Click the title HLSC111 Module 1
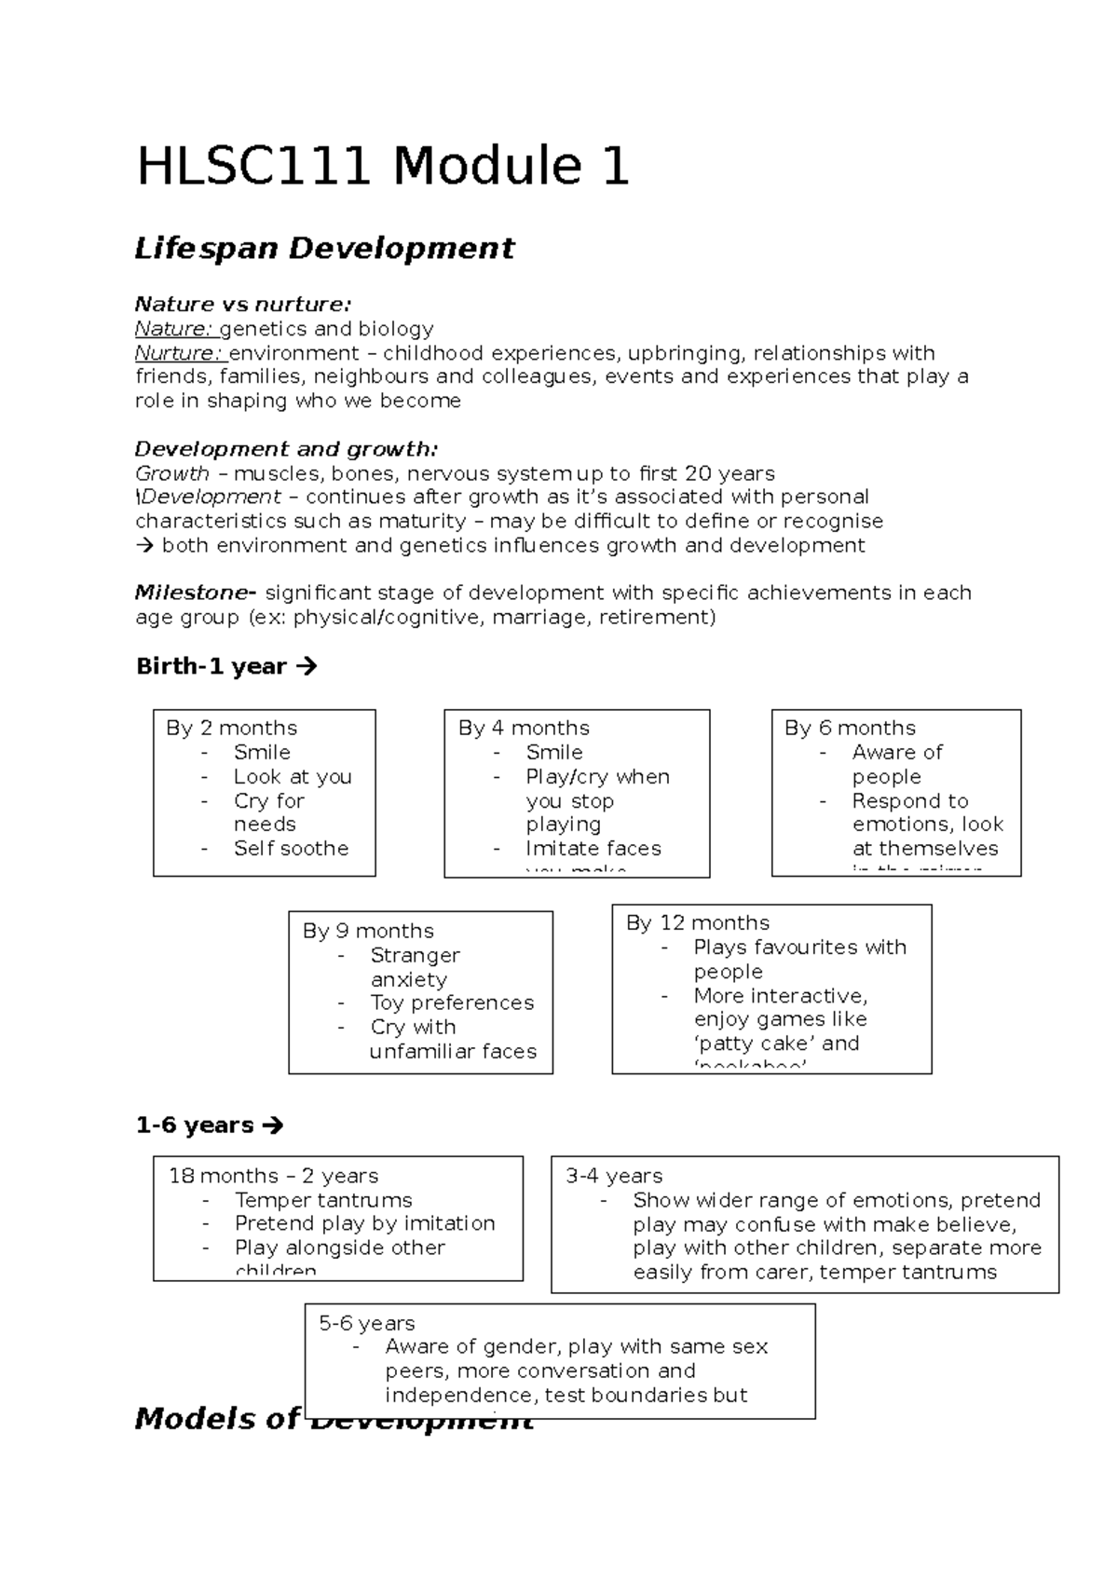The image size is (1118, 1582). pos(383,167)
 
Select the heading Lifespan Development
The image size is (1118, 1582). pos(324,249)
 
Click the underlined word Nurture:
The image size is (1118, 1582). pos(179,353)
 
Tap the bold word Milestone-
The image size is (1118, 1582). pos(195,593)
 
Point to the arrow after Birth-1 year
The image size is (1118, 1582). pos(307,666)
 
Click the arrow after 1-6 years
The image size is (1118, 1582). pos(272,1125)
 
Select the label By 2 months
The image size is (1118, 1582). pos(231,728)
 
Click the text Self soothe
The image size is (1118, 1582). pos(291,848)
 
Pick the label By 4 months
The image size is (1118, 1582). pos(524,728)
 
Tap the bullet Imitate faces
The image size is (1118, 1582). pos(593,848)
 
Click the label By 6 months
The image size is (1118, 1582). pos(850,728)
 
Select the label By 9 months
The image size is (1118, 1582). pos(368,931)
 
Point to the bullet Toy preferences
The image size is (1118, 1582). pos(452,1002)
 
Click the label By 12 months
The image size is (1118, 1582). pos(698,922)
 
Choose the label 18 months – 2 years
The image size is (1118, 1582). pos(273,1176)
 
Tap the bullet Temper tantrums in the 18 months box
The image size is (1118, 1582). pos(323,1200)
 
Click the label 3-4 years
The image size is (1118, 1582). pos(614,1176)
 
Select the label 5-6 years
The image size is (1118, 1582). pos(367,1323)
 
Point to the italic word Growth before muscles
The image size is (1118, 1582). pos(172,473)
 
